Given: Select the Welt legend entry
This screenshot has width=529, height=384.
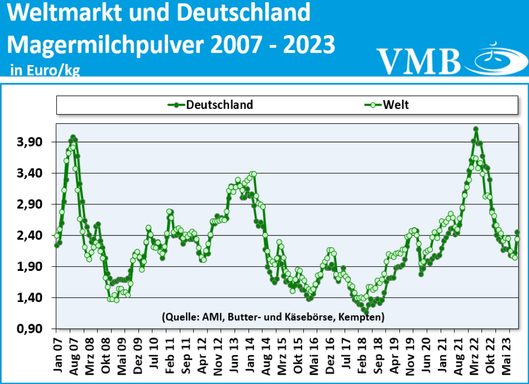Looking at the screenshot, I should pos(396,105).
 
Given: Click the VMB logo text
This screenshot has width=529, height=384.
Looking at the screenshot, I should pos(418,60).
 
